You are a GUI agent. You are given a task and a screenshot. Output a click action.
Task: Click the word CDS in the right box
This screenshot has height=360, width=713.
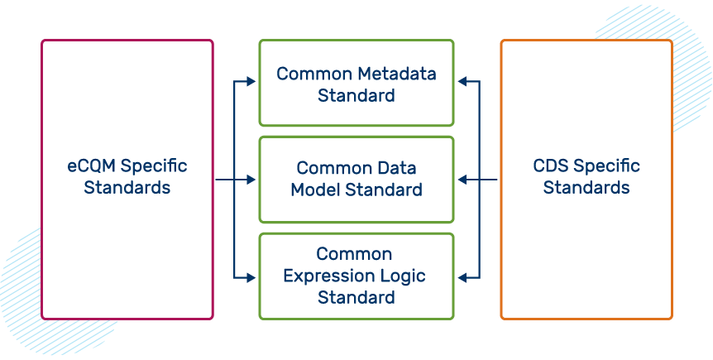[552, 166]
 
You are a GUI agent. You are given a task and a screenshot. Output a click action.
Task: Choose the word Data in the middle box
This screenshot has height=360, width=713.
[397, 168]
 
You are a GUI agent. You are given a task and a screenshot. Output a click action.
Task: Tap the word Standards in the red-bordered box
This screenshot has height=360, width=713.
[127, 187]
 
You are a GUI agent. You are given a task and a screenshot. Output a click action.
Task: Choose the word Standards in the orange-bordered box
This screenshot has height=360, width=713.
[586, 187]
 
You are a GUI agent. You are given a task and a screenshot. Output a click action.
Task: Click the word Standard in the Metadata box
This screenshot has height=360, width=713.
[356, 95]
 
